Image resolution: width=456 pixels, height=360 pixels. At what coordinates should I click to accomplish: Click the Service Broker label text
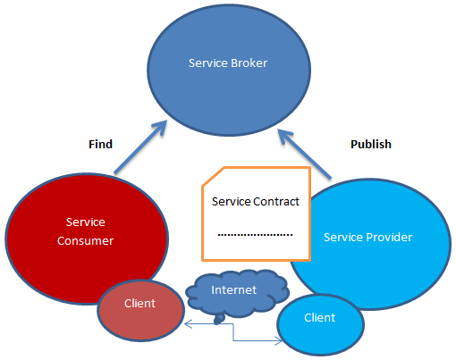point(228,63)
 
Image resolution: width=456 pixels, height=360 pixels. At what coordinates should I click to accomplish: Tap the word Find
point(100,144)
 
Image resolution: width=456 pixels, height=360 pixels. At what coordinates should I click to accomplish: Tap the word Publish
point(370,144)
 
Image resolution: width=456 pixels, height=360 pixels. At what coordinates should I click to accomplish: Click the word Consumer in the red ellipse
point(86,240)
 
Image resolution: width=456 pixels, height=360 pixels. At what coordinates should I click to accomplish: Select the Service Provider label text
point(367,237)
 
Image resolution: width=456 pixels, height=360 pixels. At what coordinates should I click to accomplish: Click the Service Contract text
point(255,201)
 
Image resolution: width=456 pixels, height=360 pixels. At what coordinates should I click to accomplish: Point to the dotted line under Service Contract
point(255,234)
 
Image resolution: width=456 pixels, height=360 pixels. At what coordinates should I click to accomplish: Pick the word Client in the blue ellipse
point(319,317)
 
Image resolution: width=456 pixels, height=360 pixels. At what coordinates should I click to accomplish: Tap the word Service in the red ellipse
point(86,222)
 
